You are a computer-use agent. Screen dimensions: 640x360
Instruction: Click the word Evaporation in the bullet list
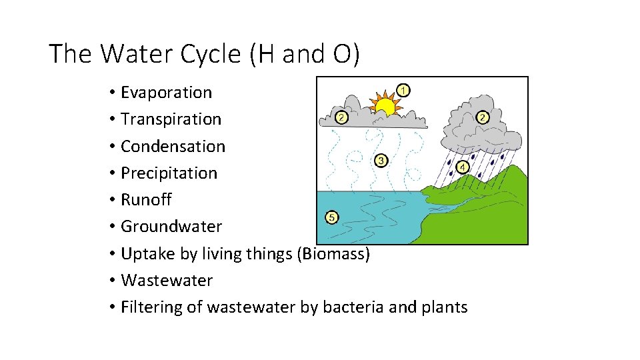[x=166, y=93]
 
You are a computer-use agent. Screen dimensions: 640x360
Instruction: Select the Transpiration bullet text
[x=171, y=119]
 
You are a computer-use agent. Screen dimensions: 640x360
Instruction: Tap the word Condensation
[x=173, y=146]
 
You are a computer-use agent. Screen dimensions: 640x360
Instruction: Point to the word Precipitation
[x=169, y=173]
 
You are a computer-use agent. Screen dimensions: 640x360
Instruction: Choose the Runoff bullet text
[x=146, y=199]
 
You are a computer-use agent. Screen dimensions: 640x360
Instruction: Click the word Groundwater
[x=171, y=226]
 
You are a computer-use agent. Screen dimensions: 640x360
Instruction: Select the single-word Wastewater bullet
[x=167, y=280]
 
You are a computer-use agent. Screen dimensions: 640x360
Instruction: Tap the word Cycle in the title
[x=206, y=54]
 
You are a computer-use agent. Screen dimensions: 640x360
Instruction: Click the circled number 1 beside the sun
[x=403, y=89]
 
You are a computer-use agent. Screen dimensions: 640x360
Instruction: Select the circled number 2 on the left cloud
[x=341, y=117]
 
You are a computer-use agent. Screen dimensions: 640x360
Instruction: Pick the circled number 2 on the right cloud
[x=483, y=117]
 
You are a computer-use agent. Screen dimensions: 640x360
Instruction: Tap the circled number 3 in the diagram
[x=381, y=161]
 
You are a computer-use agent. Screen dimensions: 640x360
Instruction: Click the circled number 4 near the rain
[x=462, y=167]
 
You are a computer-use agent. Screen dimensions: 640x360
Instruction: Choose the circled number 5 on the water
[x=332, y=217]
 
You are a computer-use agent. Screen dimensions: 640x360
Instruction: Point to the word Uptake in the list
[x=146, y=253]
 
